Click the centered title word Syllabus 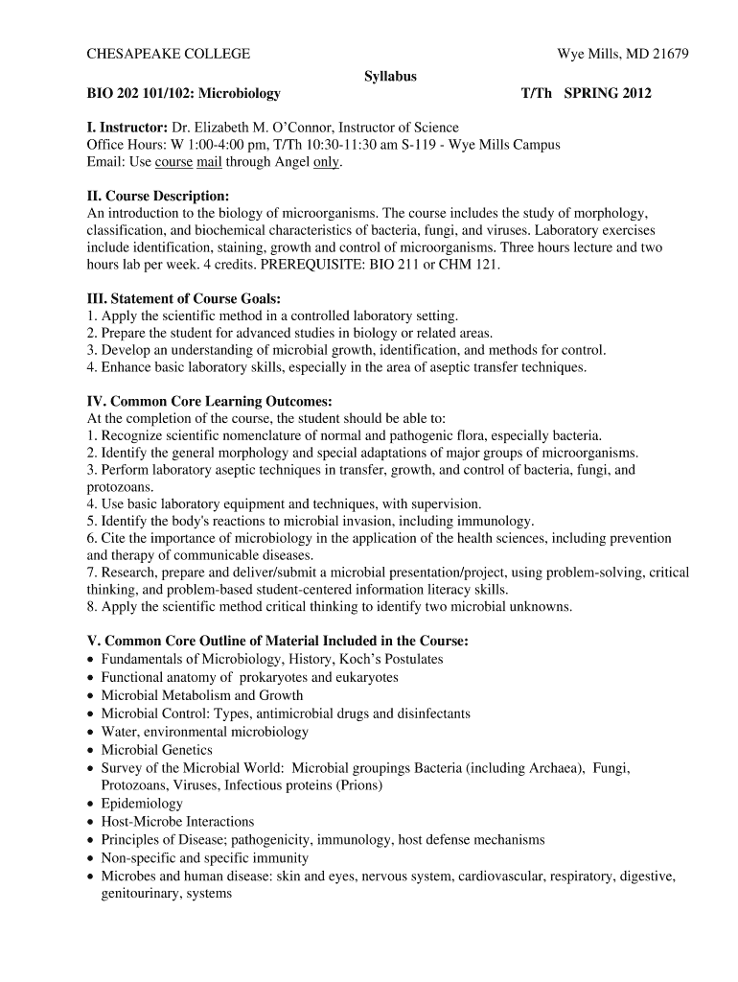(390, 76)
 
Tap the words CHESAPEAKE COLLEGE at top (169, 55)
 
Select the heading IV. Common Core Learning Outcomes (210, 401)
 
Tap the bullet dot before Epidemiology (90, 804)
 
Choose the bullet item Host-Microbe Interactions (177, 822)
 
